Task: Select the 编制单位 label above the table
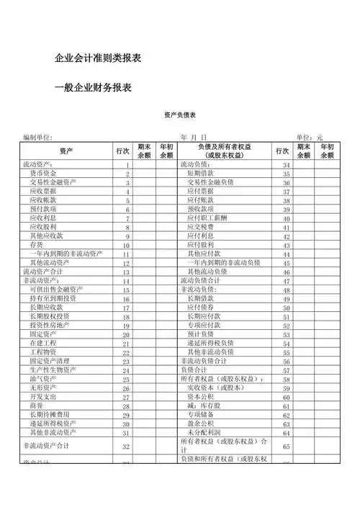37,137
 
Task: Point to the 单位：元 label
310,137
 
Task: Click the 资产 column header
66,151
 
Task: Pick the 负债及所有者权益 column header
222,151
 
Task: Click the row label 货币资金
45,174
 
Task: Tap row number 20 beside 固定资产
126,335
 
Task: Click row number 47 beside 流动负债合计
286,281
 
